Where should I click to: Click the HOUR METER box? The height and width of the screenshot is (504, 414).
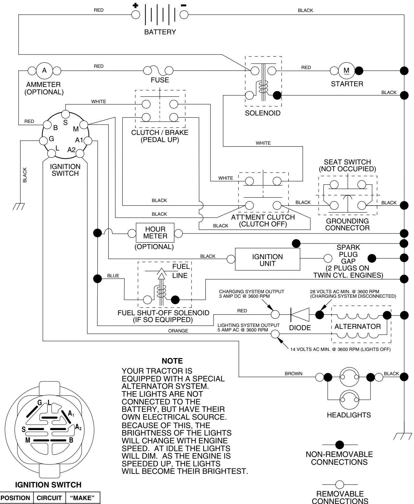[155, 233]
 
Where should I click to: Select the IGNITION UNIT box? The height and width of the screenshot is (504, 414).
[267, 259]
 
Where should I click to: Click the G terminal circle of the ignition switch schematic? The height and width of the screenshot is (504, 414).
[43, 140]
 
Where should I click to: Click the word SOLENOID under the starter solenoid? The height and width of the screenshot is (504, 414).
[263, 114]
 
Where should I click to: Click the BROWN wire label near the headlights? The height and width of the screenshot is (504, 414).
[293, 374]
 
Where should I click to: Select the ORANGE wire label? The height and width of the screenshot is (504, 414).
[178, 331]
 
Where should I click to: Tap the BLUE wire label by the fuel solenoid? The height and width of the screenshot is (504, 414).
[113, 276]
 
